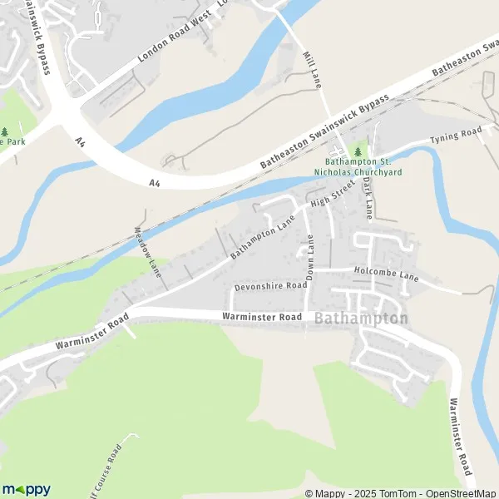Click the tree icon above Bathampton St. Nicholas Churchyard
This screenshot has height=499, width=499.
(359, 152)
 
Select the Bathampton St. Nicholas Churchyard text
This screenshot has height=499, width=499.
(363, 167)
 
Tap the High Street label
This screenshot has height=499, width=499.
(328, 197)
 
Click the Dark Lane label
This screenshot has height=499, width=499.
(368, 199)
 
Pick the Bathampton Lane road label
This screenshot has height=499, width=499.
(263, 236)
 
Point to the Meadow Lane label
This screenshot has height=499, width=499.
(146, 250)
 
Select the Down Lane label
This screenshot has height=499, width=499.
(311, 257)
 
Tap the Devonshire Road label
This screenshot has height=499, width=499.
(271, 285)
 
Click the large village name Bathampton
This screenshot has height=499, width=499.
(362, 319)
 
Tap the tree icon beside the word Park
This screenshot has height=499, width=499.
(6, 131)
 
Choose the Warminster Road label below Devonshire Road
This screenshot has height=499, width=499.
(261, 317)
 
